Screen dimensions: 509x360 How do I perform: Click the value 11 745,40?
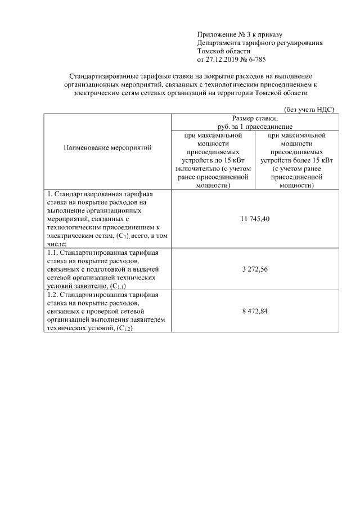coord(255,218)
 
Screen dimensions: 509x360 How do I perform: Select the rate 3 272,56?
coord(255,269)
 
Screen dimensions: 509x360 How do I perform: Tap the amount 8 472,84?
coord(255,311)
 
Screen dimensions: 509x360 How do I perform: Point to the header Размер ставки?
coord(255,119)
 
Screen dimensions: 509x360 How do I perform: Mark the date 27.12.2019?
coord(223,58)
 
